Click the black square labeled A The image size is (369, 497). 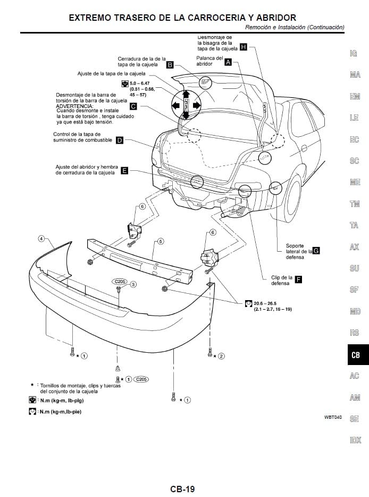[x=228, y=62]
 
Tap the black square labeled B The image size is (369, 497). [x=170, y=65]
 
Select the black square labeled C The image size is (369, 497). [x=133, y=106]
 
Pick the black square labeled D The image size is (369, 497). [x=119, y=140]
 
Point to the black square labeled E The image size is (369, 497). [x=124, y=170]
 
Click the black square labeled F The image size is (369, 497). [x=298, y=279]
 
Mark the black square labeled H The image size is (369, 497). [x=243, y=47]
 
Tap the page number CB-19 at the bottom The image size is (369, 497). [x=182, y=488]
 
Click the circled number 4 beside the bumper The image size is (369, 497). [x=41, y=238]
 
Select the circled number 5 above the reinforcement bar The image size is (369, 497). [x=160, y=242]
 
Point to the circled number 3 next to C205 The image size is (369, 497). [x=133, y=284]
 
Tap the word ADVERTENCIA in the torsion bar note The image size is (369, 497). [x=73, y=106]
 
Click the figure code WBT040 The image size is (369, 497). [x=333, y=417]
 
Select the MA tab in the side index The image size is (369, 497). [x=355, y=75]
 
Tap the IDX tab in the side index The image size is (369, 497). [x=355, y=440]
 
